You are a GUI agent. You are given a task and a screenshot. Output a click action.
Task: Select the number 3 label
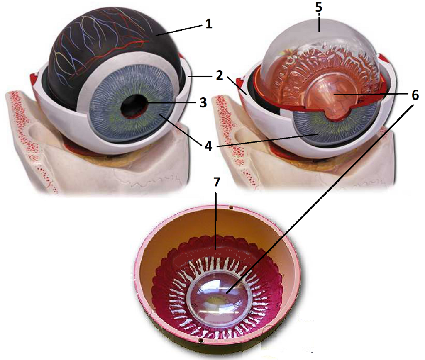[x=203, y=102]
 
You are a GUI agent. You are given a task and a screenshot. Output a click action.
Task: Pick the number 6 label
[x=415, y=95]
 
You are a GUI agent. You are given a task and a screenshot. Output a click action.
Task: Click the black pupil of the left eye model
[x=134, y=108]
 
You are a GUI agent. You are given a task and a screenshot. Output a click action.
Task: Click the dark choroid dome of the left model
[x=104, y=46]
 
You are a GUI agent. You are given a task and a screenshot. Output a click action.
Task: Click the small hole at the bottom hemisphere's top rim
[x=231, y=206]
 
